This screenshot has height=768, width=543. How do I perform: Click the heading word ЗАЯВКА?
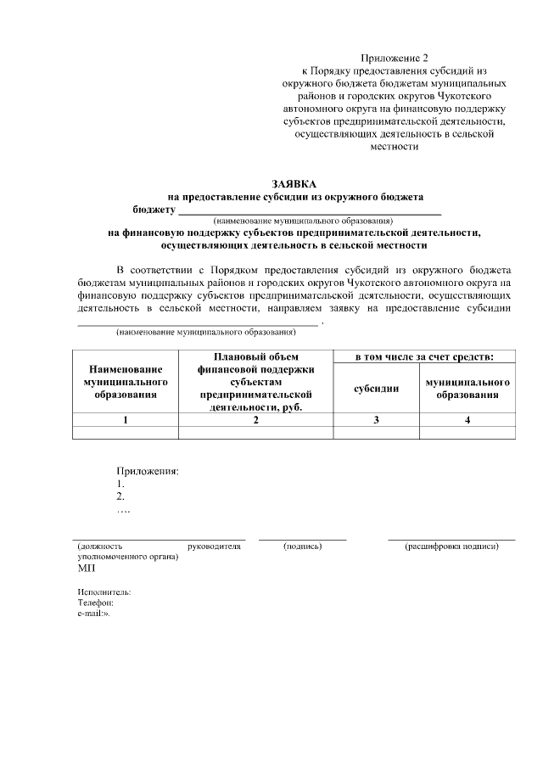[294, 183]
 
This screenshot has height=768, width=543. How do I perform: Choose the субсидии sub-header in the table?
[376, 389]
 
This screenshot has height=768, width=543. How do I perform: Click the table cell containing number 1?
[126, 419]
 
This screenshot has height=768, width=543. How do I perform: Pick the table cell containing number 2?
[255, 419]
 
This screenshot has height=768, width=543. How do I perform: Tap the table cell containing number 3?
[376, 419]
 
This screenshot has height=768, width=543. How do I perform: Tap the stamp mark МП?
[87, 569]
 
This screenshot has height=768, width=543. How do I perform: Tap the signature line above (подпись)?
[303, 539]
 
